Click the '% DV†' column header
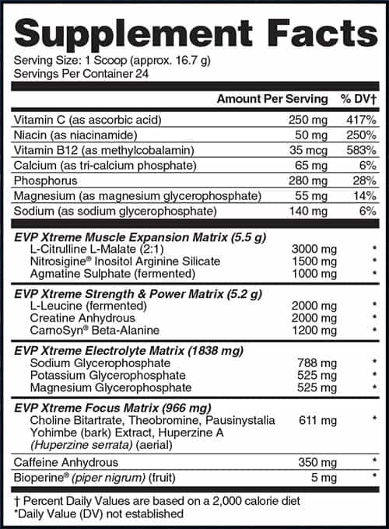click(x=358, y=99)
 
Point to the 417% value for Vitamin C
click(x=360, y=121)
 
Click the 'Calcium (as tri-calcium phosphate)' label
click(x=104, y=165)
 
